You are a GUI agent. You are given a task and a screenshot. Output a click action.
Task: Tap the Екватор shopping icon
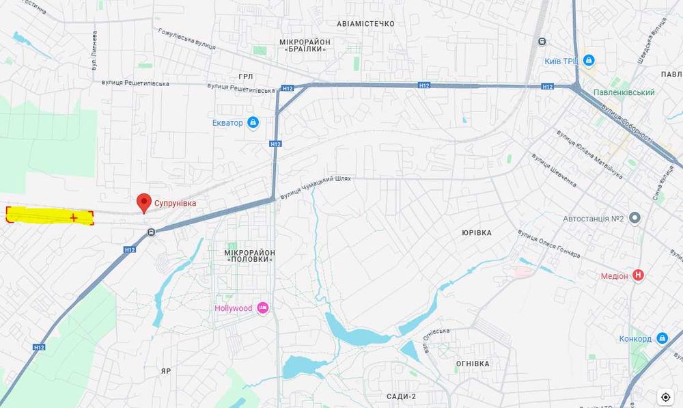tap(253, 123)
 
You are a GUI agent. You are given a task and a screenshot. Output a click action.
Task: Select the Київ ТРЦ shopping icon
tap(589, 61)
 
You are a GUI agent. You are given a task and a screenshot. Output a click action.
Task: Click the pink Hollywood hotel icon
tap(263, 308)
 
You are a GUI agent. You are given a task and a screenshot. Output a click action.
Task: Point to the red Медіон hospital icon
tap(639, 275)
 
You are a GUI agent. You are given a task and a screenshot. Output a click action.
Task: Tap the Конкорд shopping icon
tap(662, 338)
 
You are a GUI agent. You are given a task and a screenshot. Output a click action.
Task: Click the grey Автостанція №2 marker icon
tap(635, 219)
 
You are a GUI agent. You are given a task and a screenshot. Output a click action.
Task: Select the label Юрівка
tap(476, 233)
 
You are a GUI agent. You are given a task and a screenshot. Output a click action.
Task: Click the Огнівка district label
tap(473, 364)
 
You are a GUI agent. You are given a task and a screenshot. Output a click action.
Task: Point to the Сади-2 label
tap(401, 396)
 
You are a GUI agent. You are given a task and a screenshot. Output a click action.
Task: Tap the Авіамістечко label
tap(365, 24)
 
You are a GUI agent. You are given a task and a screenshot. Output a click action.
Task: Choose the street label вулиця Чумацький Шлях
tap(315, 187)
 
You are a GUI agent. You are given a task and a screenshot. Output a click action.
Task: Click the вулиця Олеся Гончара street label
tap(548, 245)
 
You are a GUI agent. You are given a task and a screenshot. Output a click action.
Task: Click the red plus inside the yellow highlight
tap(73, 217)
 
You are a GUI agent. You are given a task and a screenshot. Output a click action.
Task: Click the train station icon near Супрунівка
tap(151, 232)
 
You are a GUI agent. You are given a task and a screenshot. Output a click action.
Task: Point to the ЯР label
tap(166, 370)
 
